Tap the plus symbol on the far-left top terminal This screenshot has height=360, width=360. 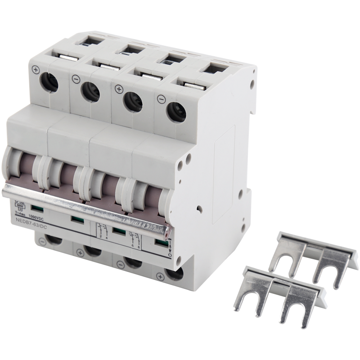36,70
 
